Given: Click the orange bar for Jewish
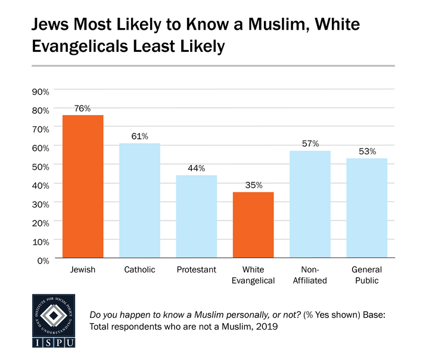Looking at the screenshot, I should tap(83, 187).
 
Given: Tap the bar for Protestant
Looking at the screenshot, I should tap(197, 218).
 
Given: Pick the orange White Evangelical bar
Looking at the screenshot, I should tap(253, 226).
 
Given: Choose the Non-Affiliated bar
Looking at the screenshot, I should tap(310, 205).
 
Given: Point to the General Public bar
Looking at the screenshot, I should tap(367, 209).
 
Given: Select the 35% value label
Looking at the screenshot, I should tap(253, 185).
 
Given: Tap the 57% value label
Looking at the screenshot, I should tap(310, 144).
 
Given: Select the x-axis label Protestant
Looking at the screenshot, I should tap(197, 270).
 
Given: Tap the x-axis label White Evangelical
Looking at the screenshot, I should tap(253, 275).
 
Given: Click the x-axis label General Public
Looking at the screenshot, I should tap(367, 275).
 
